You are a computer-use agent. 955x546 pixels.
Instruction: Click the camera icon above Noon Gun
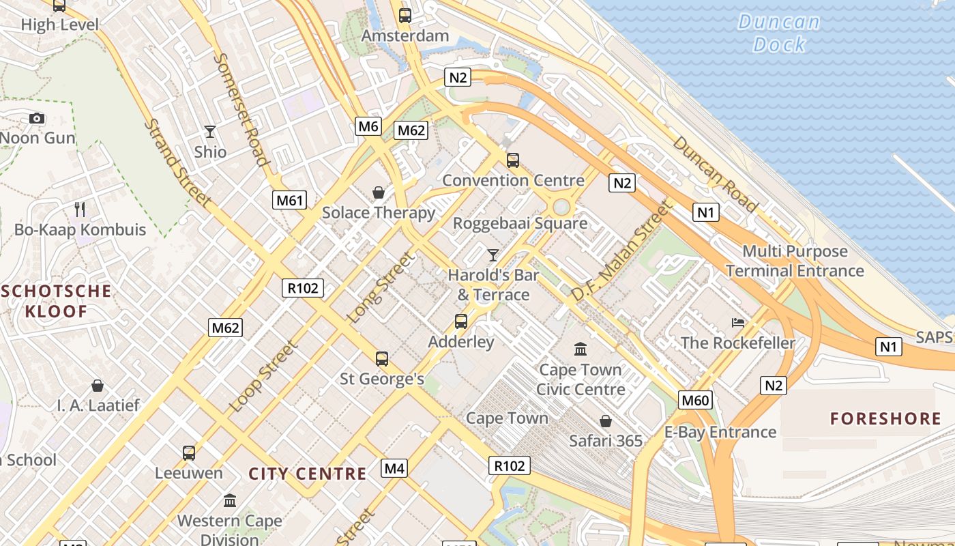coord(37,119)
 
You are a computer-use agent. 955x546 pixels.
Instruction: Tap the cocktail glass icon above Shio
coord(209,132)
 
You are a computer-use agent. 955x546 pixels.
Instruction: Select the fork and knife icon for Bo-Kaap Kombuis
coord(80,209)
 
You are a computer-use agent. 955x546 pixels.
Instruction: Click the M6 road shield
coord(368,126)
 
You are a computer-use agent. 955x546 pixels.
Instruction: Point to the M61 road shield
coord(290,200)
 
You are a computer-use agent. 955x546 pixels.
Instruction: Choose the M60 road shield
coord(695,400)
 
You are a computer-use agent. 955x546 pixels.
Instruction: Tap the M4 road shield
coord(394,468)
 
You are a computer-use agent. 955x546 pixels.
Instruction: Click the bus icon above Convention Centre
coord(513,160)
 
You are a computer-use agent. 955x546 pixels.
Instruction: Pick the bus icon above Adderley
coord(461,321)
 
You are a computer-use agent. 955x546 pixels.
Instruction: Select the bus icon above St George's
coord(382,358)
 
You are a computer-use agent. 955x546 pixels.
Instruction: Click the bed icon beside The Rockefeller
coord(737,322)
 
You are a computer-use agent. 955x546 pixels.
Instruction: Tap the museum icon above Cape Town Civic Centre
coord(581,349)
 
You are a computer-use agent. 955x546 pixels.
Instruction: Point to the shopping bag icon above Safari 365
coord(605,421)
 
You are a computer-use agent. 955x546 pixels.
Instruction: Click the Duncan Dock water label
coord(779,33)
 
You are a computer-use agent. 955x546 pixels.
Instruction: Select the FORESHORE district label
coord(885,418)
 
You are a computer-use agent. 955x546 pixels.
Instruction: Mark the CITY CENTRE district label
coord(307,474)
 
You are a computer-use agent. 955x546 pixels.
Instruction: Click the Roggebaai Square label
coord(520,223)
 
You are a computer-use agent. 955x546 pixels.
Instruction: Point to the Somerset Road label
coord(240,109)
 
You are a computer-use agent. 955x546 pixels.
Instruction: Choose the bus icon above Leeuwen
coord(189,452)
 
